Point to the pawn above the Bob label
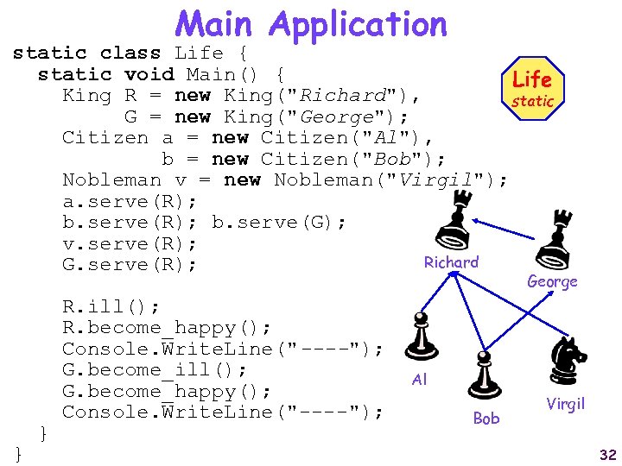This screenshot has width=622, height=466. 485,377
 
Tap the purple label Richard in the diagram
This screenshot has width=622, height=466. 450,262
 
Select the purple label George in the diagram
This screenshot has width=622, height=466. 552,282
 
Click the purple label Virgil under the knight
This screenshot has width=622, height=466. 566,404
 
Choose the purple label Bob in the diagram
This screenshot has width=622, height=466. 486,419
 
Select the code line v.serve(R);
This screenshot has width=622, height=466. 130,244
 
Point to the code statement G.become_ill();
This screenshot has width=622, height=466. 155,370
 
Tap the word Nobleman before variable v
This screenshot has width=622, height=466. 111,179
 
